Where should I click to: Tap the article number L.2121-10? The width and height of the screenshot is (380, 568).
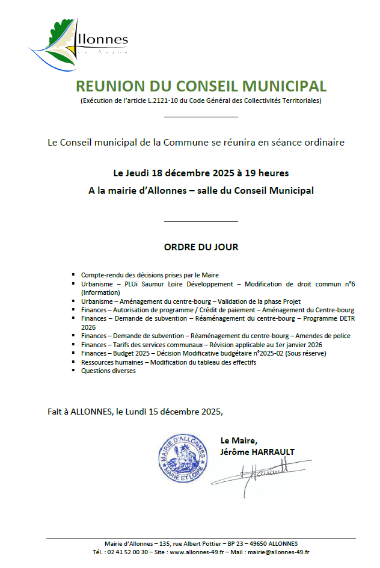[163, 100]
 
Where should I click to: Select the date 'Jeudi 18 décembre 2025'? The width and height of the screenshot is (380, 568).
[180, 173]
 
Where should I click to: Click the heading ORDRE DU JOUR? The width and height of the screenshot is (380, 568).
[201, 247]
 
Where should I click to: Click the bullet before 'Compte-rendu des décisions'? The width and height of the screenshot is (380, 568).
[73, 273]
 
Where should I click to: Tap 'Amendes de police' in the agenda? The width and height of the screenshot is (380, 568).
[325, 336]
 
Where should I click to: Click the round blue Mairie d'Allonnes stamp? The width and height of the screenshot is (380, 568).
[182, 457]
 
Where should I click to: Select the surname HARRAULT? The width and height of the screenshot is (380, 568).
[274, 452]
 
